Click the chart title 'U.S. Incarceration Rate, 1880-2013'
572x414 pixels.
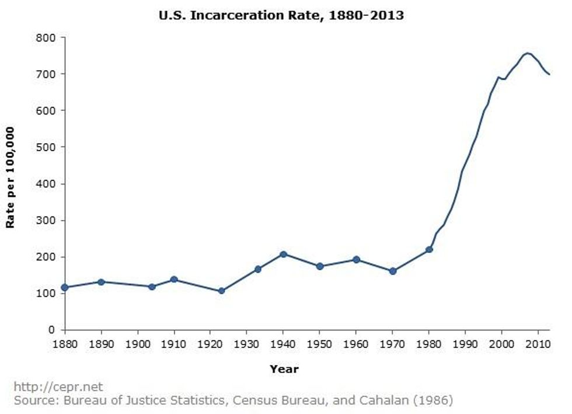281,16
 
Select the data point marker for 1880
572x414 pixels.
65,287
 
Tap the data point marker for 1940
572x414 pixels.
284,254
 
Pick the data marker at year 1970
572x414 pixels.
393,271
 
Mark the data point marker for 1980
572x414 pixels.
429,249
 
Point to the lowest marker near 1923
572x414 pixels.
221,291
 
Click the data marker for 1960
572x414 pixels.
357,259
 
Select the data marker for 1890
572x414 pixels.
101,281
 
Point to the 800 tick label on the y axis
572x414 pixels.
47,37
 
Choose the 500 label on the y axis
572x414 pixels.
47,147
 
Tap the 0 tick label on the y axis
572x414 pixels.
52,330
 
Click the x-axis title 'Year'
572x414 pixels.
284,369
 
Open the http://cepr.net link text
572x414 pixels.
58,387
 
